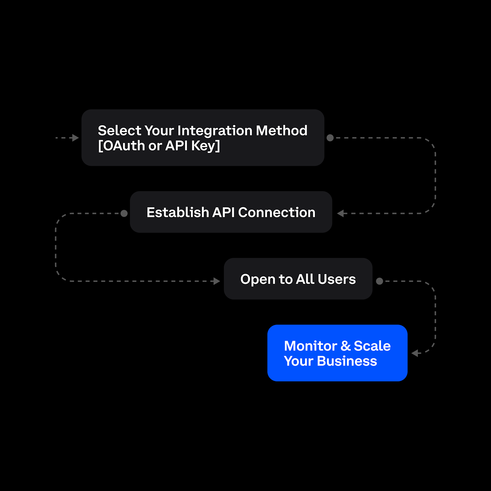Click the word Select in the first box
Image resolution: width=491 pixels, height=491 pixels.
[119, 131]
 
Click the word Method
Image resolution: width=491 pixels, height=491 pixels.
[282, 131]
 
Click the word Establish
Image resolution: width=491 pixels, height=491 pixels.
[178, 213]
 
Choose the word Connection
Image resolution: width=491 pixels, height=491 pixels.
[277, 213]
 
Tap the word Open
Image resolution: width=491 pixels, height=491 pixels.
[257, 279]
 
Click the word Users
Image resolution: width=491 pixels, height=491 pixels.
[337, 279]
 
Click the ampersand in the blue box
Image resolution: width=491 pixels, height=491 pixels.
[346, 346]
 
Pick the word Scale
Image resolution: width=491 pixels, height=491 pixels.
[372, 346]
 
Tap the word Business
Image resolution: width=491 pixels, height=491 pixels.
[347, 361]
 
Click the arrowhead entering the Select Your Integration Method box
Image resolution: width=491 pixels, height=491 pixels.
[75, 138]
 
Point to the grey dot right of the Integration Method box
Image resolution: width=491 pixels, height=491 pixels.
[330, 138]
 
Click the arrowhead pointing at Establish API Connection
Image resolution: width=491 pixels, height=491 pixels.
[340, 214]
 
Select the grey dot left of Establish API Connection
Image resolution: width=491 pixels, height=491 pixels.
[124, 214]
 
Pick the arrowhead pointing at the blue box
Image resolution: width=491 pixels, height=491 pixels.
[415, 353]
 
